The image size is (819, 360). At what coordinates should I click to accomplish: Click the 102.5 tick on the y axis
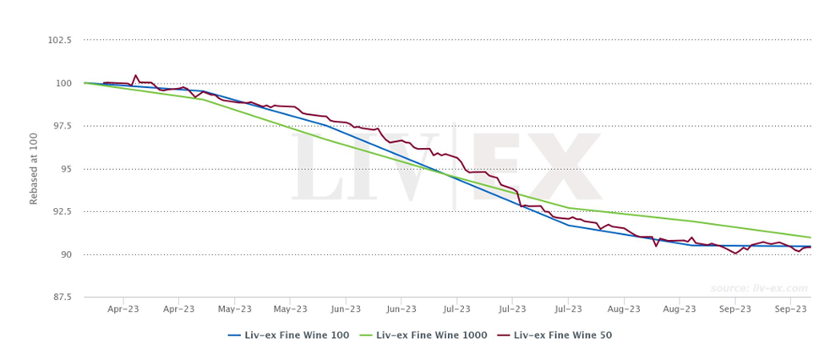point(59,40)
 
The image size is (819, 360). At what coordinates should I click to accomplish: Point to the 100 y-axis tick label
point(64,83)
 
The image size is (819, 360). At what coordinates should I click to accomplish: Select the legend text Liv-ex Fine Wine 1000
point(432,335)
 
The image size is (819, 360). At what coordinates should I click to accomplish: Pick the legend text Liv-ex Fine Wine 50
point(562,335)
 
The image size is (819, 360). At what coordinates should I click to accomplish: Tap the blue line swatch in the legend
point(236,335)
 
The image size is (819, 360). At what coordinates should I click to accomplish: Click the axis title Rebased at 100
point(34,169)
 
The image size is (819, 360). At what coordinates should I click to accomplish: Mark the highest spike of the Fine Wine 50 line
point(135,75)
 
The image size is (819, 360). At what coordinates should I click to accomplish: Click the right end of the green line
point(810,237)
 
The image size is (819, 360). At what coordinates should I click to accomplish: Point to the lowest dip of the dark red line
point(736,254)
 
